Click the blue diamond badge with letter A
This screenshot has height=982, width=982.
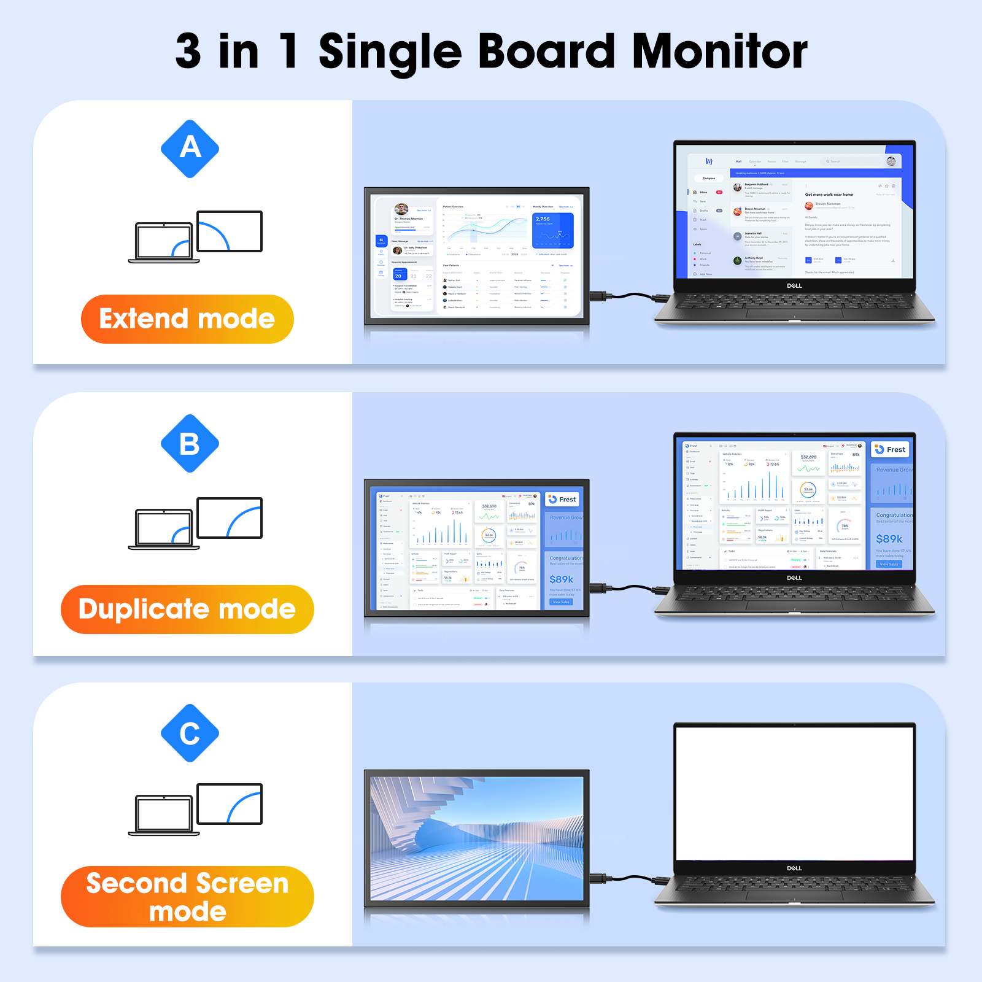click(190, 149)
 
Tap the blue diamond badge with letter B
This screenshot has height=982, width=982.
click(190, 443)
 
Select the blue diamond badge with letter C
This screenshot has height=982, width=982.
click(190, 733)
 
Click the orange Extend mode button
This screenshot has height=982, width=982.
click(187, 319)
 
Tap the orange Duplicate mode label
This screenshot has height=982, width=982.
click(187, 609)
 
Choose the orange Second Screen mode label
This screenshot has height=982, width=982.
click(187, 897)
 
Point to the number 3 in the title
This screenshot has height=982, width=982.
click(188, 52)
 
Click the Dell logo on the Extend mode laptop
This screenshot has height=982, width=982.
click(794, 286)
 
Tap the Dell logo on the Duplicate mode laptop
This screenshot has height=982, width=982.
click(794, 578)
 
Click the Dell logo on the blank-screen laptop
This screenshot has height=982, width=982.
click(794, 868)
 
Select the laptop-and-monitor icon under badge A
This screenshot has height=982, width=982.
click(195, 237)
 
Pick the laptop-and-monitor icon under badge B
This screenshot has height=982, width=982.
click(195, 524)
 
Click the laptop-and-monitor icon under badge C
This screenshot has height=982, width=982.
click(195, 810)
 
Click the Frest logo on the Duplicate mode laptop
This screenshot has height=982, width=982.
click(891, 449)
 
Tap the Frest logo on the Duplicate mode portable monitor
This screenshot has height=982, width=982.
click(562, 500)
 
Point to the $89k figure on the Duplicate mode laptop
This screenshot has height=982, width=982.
click(889, 539)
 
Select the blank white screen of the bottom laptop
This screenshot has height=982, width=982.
click(794, 792)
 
